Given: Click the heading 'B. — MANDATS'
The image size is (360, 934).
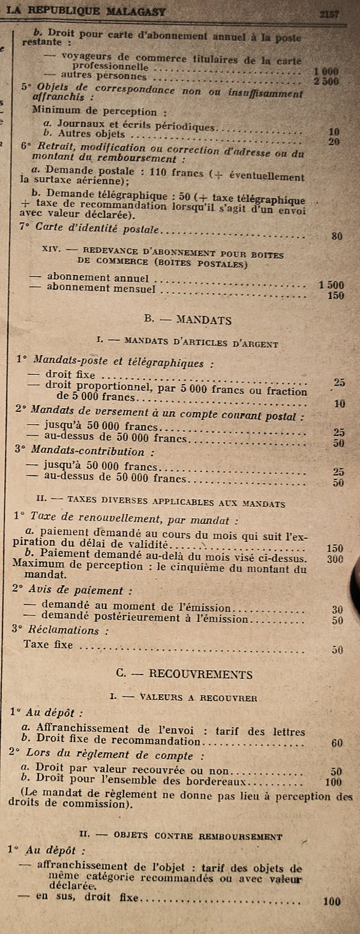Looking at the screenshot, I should [x=188, y=320].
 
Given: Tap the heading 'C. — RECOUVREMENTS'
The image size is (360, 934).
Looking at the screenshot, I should [x=184, y=674].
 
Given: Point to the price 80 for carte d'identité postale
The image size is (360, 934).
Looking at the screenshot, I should [x=337, y=236].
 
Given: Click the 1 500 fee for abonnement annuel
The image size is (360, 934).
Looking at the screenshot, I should [x=331, y=285].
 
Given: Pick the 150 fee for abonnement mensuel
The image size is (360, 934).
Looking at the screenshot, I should [x=336, y=295].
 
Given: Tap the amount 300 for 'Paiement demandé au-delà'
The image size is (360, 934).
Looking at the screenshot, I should [x=335, y=559].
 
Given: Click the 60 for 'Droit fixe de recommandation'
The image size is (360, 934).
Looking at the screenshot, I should [x=337, y=743].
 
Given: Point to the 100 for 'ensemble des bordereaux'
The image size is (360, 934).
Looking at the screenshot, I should [x=333, y=782].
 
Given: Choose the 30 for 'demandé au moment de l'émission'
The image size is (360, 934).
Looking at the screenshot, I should [x=337, y=609].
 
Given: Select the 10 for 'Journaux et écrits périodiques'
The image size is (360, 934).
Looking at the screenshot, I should [x=334, y=131].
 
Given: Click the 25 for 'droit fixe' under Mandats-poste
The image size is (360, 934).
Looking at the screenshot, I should [x=339, y=382].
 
